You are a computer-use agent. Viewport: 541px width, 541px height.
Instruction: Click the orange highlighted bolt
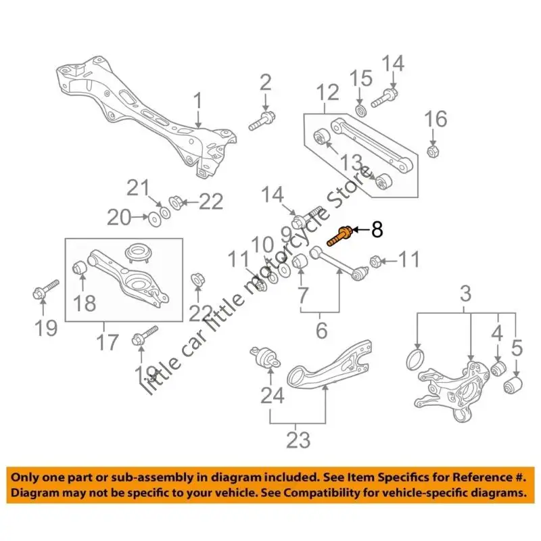[x=339, y=235]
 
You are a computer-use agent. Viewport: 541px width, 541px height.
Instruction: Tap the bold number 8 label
[x=377, y=230]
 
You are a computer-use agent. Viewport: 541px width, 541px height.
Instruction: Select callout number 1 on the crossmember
[x=197, y=103]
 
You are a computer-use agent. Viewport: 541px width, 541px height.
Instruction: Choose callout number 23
[x=298, y=440]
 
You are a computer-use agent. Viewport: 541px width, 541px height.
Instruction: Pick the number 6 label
[x=322, y=331]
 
